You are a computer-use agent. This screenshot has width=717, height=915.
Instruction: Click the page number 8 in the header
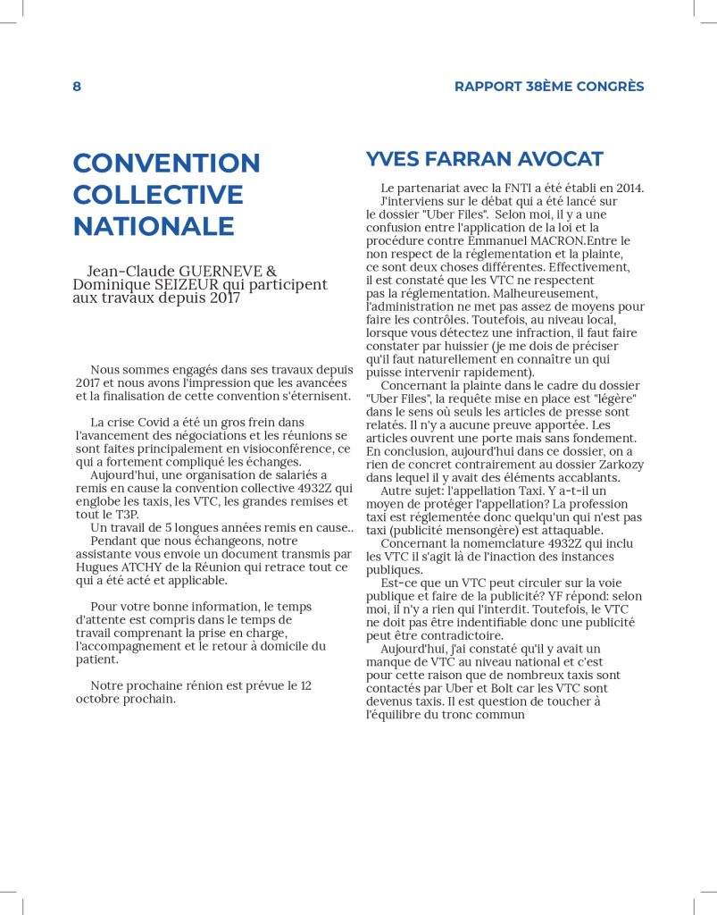77,87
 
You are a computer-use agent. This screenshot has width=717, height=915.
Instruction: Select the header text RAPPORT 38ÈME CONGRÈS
549,87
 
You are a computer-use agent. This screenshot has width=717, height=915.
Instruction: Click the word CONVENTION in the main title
166,164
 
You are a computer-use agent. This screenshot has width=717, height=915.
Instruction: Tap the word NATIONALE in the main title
154,226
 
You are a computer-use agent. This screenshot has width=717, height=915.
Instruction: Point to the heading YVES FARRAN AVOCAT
485,159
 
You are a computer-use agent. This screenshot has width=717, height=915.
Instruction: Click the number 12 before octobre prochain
306,685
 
